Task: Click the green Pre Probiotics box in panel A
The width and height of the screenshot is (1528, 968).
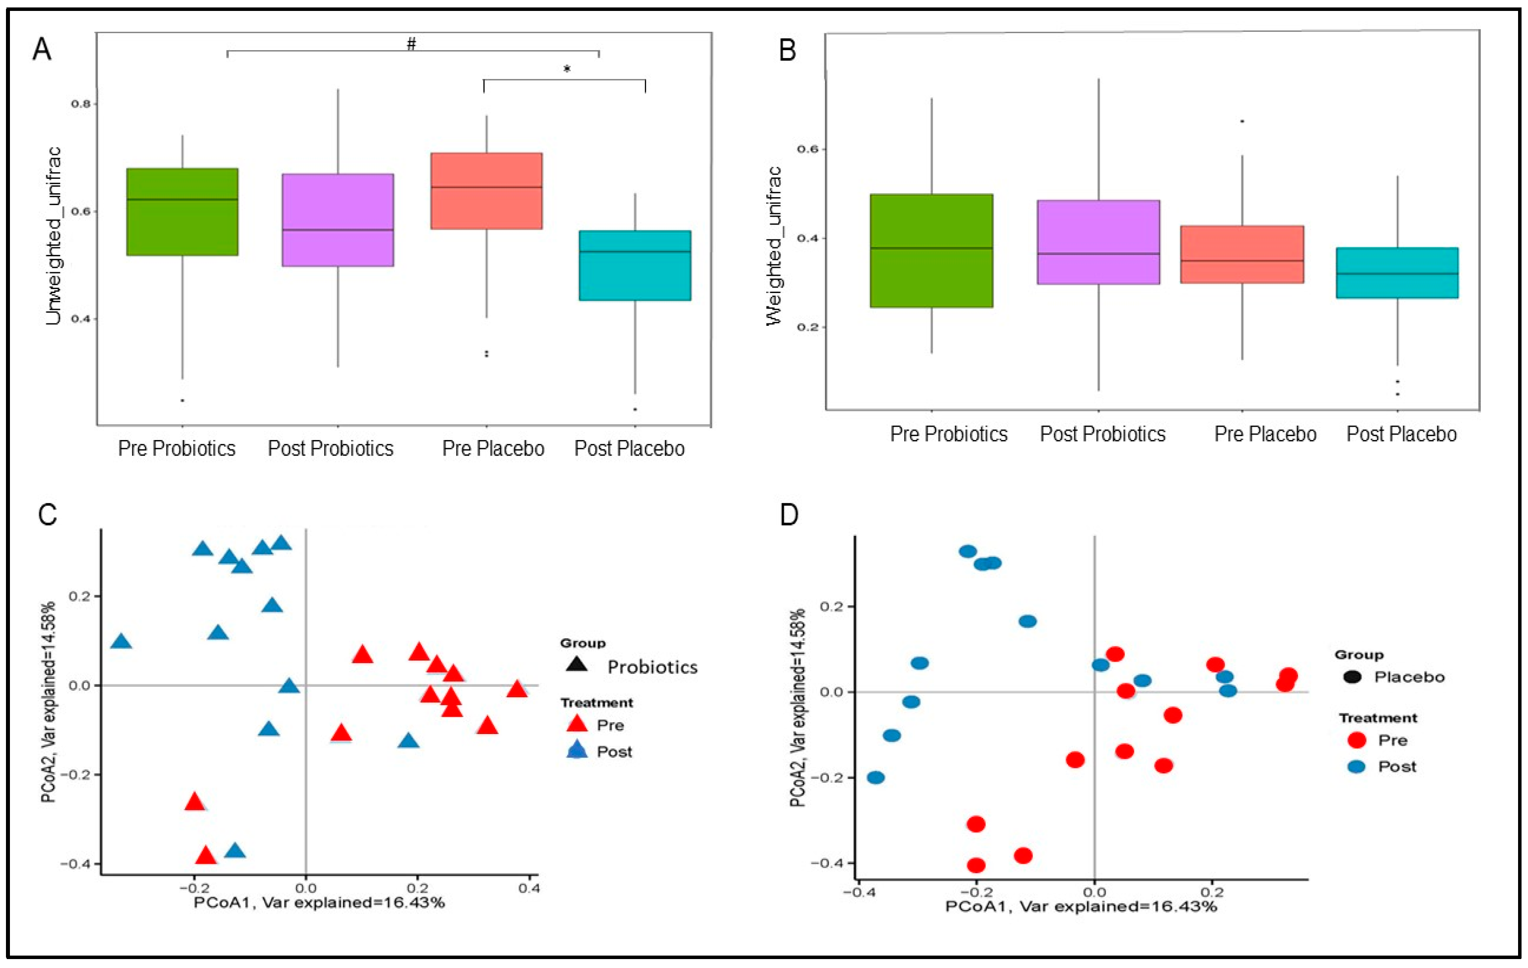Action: click(x=182, y=212)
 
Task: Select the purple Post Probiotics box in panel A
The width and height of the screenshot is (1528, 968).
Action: click(x=338, y=220)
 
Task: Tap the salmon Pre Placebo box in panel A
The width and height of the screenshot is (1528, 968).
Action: click(x=486, y=190)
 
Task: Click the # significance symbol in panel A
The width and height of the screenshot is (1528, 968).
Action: click(x=411, y=44)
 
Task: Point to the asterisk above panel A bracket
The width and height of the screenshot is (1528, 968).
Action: click(x=567, y=69)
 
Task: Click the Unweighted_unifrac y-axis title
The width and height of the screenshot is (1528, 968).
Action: click(x=55, y=236)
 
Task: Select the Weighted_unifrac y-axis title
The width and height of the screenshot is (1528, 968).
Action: click(x=774, y=246)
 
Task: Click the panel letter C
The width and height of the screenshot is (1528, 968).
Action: click(x=48, y=515)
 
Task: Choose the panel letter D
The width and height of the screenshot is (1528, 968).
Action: click(x=789, y=515)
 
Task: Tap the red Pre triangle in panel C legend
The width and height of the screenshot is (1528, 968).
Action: click(x=577, y=724)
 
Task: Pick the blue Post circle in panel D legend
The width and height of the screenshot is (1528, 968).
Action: click(x=1356, y=767)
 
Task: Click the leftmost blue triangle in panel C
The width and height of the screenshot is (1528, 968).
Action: click(x=121, y=642)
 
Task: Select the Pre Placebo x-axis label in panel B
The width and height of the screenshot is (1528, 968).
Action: click(x=1265, y=434)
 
